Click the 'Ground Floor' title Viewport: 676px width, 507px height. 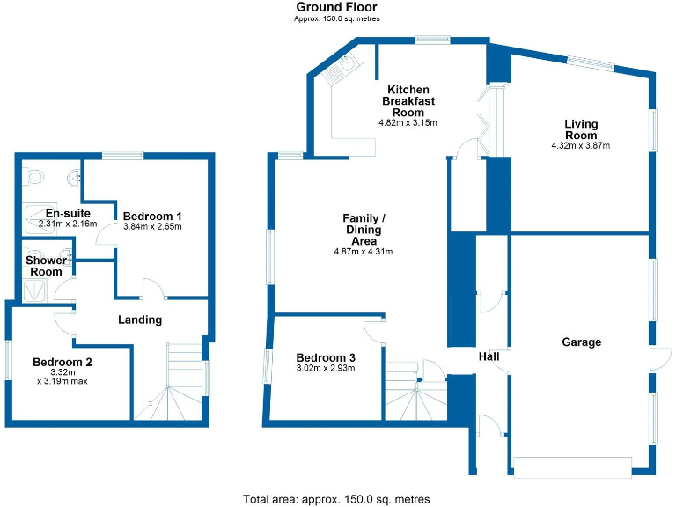pyautogui.click(x=337, y=7)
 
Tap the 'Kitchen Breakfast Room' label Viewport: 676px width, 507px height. pyautogui.click(x=408, y=100)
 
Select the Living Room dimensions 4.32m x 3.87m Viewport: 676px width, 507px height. pyautogui.click(x=580, y=145)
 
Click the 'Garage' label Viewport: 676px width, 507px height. pyautogui.click(x=581, y=342)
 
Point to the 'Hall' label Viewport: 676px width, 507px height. pyautogui.click(x=489, y=356)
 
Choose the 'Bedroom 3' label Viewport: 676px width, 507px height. pyautogui.click(x=325, y=357)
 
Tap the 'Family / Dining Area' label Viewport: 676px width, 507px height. pyautogui.click(x=363, y=229)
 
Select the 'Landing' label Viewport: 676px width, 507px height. pyautogui.click(x=140, y=320)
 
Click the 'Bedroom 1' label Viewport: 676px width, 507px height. pyautogui.click(x=152, y=216)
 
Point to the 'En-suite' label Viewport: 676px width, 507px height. pyautogui.click(x=64, y=213)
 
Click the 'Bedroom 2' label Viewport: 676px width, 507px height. pyautogui.click(x=62, y=361)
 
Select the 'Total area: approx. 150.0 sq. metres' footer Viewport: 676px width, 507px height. pyautogui.click(x=336, y=499)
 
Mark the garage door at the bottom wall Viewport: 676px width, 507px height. pyautogui.click(x=572, y=466)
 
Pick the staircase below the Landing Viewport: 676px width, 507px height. pyautogui.click(x=180, y=383)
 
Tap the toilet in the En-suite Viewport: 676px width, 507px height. pyautogui.click(x=36, y=176)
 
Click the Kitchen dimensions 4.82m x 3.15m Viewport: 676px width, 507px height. pyautogui.click(x=408, y=122)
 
